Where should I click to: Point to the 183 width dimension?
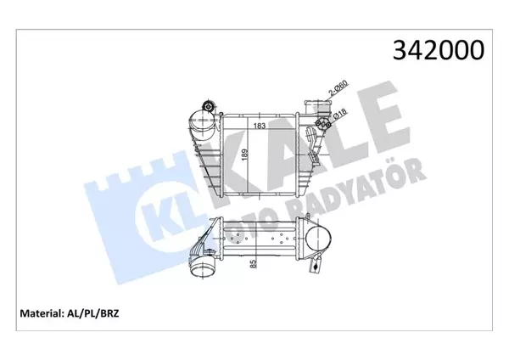249,126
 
